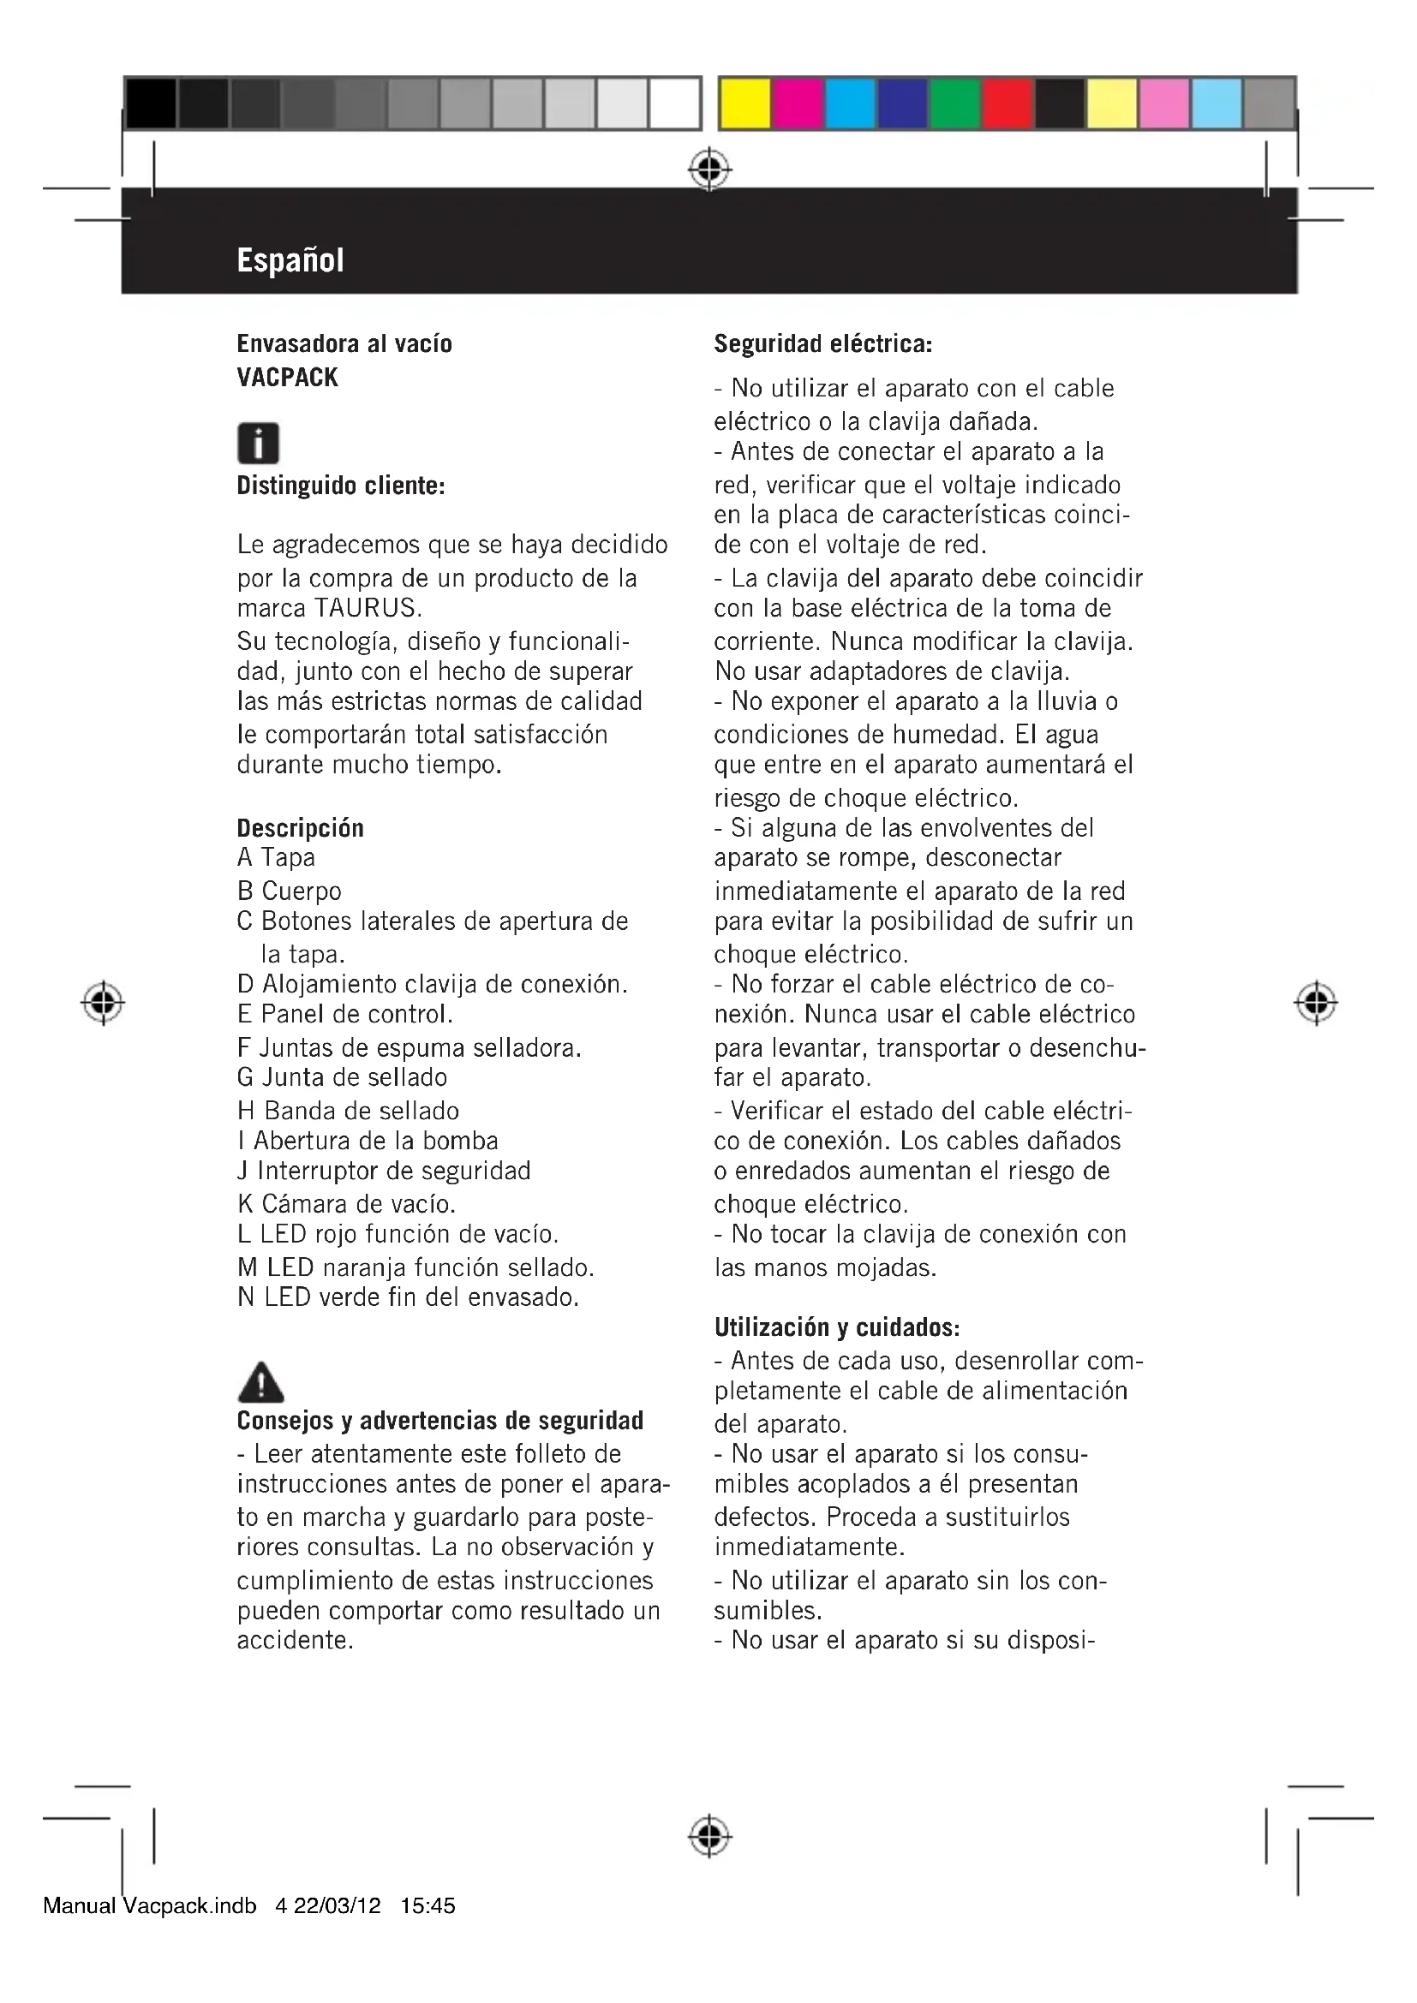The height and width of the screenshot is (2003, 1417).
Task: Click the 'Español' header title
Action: tap(290, 260)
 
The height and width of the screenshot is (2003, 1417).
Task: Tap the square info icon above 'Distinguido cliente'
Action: tap(258, 444)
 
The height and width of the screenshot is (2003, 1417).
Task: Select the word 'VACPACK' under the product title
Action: tap(287, 377)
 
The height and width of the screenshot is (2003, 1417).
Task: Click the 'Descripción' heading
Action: tap(300, 827)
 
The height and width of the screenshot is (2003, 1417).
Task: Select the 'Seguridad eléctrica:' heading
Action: tap(822, 343)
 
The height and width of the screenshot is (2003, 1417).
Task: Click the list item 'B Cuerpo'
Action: tap(289, 891)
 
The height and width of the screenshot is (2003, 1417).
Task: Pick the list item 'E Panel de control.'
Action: tap(344, 1014)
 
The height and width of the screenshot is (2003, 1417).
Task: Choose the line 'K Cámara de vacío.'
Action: tap(346, 1204)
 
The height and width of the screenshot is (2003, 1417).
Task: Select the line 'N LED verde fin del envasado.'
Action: tap(408, 1297)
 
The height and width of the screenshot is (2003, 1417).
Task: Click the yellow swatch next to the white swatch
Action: tap(744, 104)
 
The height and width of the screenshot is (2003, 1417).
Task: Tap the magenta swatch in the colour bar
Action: tap(798, 104)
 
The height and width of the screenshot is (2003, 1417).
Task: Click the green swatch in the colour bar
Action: tap(954, 104)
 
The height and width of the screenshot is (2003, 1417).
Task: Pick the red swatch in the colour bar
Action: tap(1007, 104)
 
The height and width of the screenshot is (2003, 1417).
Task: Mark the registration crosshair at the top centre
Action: tap(709, 170)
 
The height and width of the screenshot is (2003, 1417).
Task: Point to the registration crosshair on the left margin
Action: tap(103, 1004)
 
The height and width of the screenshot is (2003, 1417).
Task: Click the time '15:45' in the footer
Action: tap(427, 1905)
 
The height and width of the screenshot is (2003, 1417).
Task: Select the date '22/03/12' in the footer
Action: tap(337, 1905)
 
